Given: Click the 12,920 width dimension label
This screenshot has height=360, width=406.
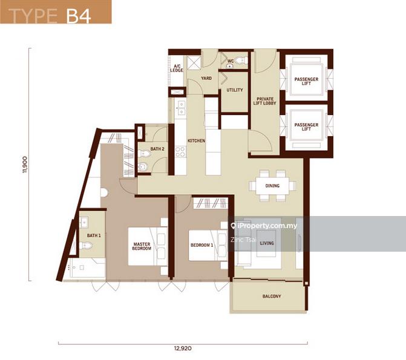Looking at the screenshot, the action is coord(183,349).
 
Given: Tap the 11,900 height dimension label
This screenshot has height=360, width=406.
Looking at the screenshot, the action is coord(25,165).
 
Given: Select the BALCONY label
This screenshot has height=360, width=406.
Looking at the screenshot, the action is coord(272,296).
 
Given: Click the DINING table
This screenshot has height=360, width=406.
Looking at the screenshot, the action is coord(272,185).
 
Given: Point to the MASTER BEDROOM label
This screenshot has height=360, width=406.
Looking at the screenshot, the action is coord(142,246).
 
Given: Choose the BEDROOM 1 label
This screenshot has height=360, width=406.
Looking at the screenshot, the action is coord(201,245).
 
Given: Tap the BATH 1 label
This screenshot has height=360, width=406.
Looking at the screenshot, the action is coord(94,235).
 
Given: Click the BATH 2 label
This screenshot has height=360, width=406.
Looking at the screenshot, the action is coord(157,149).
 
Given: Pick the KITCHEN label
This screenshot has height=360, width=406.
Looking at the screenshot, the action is coord(196,140).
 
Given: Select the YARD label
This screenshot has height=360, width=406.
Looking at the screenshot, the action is coord(206,78).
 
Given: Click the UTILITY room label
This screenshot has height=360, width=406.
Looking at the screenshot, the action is coord(235,90).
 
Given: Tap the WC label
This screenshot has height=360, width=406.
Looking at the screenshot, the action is coord(231,61).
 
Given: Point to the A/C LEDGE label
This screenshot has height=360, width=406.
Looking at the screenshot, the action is coord(177,68).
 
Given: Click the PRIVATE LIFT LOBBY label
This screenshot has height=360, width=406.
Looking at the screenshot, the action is coord(264,101).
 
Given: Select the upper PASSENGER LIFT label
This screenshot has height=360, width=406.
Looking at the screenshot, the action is coord(306,81).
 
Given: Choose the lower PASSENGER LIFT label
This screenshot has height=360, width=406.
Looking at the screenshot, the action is coord(306,127).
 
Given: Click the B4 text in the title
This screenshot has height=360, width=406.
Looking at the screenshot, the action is coord(79,16).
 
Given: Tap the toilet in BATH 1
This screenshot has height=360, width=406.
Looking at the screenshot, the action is coord(86,245).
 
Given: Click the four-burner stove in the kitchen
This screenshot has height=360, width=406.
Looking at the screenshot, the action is coord(180,152).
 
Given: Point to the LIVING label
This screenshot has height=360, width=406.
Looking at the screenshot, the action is coord(267,243).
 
